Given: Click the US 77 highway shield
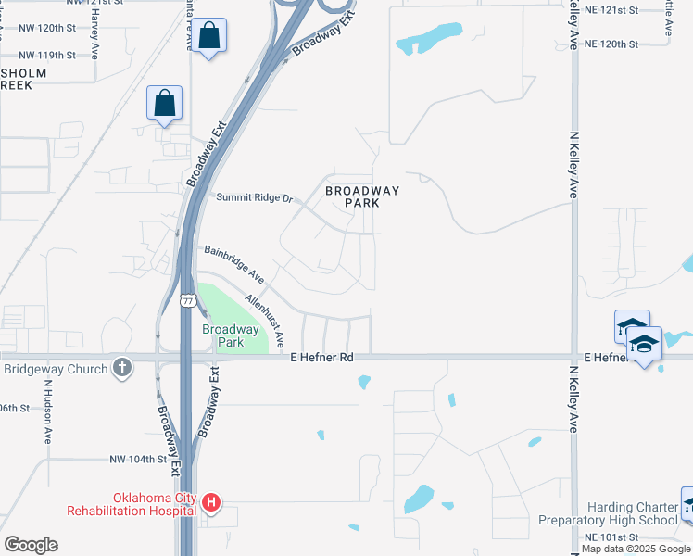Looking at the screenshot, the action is click(x=188, y=301).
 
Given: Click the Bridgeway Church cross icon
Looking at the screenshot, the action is click(x=121, y=369).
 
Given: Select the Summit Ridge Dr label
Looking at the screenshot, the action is click(x=254, y=197).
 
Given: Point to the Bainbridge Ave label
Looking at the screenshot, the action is click(x=234, y=264).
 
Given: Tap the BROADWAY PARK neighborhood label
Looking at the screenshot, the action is click(x=362, y=196).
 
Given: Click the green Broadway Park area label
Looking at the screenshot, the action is click(x=231, y=335).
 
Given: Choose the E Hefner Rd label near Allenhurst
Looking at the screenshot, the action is click(x=321, y=357).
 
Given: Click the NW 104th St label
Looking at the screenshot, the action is click(x=137, y=459).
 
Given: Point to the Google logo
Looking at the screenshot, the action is click(x=31, y=545).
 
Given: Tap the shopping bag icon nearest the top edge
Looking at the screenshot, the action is click(x=210, y=36).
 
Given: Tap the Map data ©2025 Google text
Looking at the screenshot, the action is click(x=636, y=550).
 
